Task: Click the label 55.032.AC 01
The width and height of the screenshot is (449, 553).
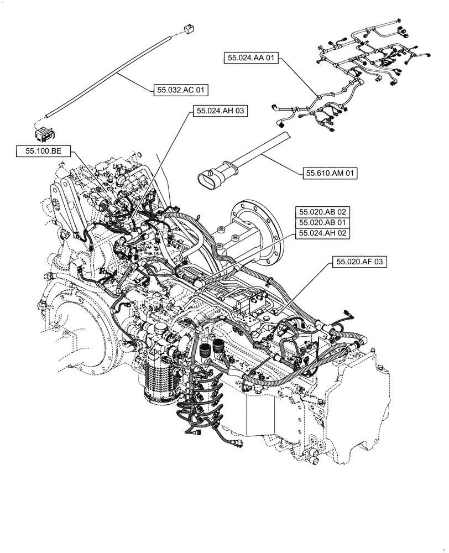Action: coord(176,89)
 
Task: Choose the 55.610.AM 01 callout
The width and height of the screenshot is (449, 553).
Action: coord(331,174)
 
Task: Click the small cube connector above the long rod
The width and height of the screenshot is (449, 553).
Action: coord(187,27)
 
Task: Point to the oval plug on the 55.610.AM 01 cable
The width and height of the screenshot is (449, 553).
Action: coord(210,179)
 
